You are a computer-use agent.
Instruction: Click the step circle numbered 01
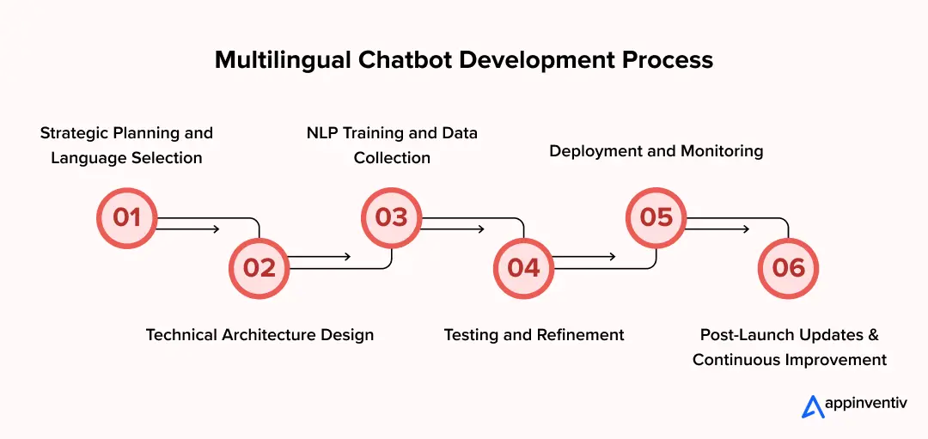click(x=127, y=217)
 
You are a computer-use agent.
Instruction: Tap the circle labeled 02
click(x=259, y=268)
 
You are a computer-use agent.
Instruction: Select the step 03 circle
click(x=392, y=217)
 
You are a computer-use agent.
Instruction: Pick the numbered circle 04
click(x=523, y=268)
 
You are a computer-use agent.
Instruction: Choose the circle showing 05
click(x=656, y=217)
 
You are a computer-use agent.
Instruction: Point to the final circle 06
click(x=788, y=268)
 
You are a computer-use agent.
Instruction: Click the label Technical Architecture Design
click(x=259, y=335)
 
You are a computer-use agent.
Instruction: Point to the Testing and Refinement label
click(x=534, y=335)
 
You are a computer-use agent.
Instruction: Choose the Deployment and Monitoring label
click(x=656, y=151)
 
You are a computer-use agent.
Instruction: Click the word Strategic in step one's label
click(x=76, y=133)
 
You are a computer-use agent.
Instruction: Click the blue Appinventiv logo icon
click(x=813, y=407)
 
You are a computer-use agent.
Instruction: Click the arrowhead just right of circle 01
click(x=216, y=229)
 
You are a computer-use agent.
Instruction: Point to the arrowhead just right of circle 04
click(x=613, y=257)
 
